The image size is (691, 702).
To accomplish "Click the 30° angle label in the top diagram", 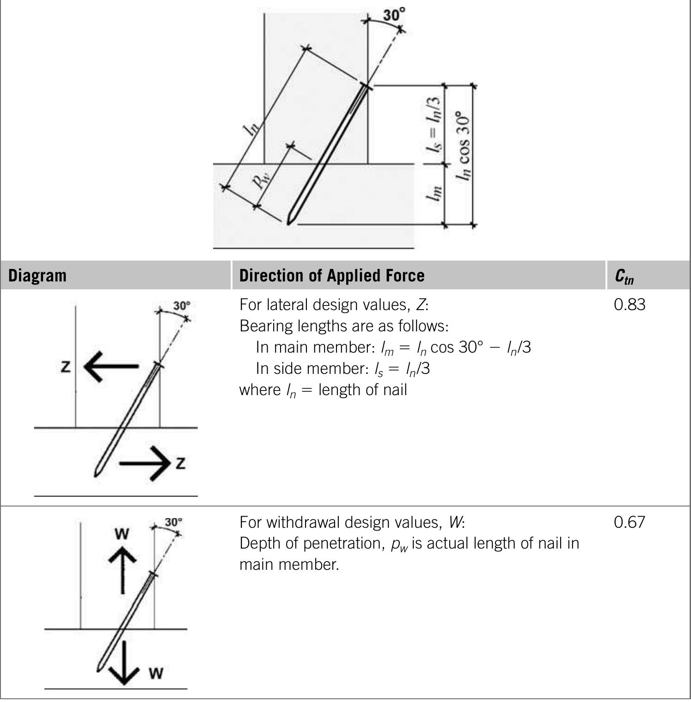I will [394, 14].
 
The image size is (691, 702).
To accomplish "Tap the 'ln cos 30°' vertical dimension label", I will [463, 146].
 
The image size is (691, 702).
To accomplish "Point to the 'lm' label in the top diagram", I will [434, 193].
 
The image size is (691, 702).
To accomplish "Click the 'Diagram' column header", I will [37, 275].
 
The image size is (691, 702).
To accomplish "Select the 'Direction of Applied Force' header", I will [331, 275].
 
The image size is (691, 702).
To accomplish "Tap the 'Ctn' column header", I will [624, 276].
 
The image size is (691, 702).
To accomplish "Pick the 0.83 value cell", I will [630, 305].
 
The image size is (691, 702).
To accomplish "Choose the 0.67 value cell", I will [629, 522].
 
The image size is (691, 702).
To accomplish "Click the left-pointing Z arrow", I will [111, 366].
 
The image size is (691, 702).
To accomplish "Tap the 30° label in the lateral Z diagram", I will [182, 306].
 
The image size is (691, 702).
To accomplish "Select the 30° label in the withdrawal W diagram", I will [173, 522].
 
